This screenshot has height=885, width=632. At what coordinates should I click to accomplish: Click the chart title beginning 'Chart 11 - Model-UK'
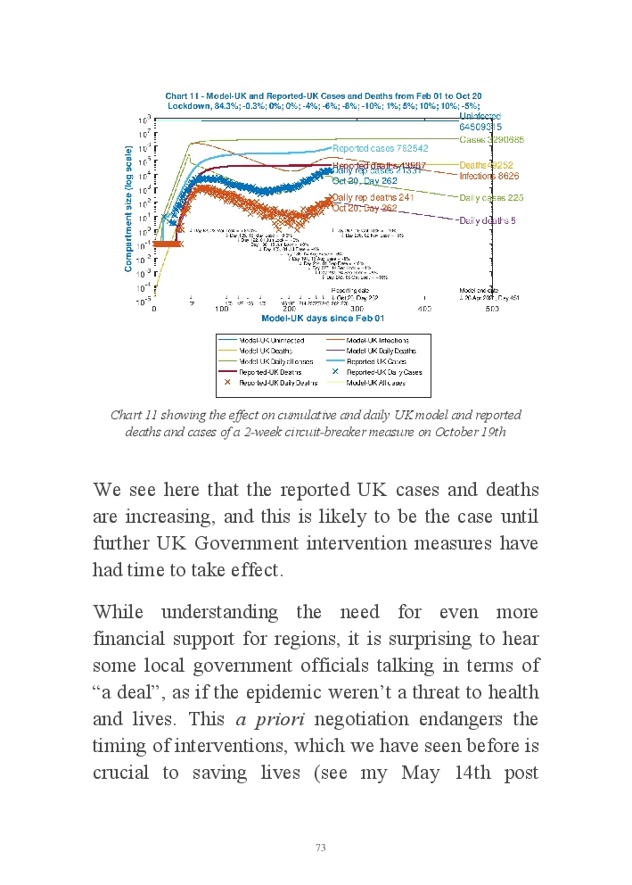pos(324,95)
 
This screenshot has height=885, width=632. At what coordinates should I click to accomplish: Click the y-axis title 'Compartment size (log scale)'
pos(129,209)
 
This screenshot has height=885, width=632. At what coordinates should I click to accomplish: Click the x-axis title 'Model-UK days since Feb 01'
pos(323,318)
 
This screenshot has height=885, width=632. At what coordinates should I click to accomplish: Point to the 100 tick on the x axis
pos(222,309)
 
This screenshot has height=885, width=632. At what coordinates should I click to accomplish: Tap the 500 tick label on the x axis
pos(491,309)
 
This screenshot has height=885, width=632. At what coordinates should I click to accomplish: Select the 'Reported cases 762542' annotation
pos(380,148)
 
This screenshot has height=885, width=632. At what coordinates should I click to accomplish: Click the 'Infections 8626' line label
pos(489,177)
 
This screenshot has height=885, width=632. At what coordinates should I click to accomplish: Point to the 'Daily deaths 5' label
pos(488,220)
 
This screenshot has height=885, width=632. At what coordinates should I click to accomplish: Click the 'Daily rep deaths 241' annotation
pos(373,197)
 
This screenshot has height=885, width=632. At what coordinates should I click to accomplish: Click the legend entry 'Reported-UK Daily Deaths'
pos(271,382)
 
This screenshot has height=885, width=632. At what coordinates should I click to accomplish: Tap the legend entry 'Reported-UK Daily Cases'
pos(383,372)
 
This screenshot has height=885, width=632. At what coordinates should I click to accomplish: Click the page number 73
pos(321,847)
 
